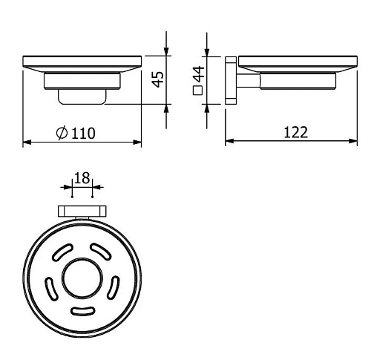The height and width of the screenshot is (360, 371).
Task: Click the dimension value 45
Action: [157, 79]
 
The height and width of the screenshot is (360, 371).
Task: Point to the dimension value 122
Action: [295, 132]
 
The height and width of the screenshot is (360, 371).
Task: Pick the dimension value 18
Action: [82, 177]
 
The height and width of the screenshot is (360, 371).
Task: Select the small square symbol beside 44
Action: [198, 92]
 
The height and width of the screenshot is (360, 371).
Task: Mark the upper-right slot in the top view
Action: [99, 249]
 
